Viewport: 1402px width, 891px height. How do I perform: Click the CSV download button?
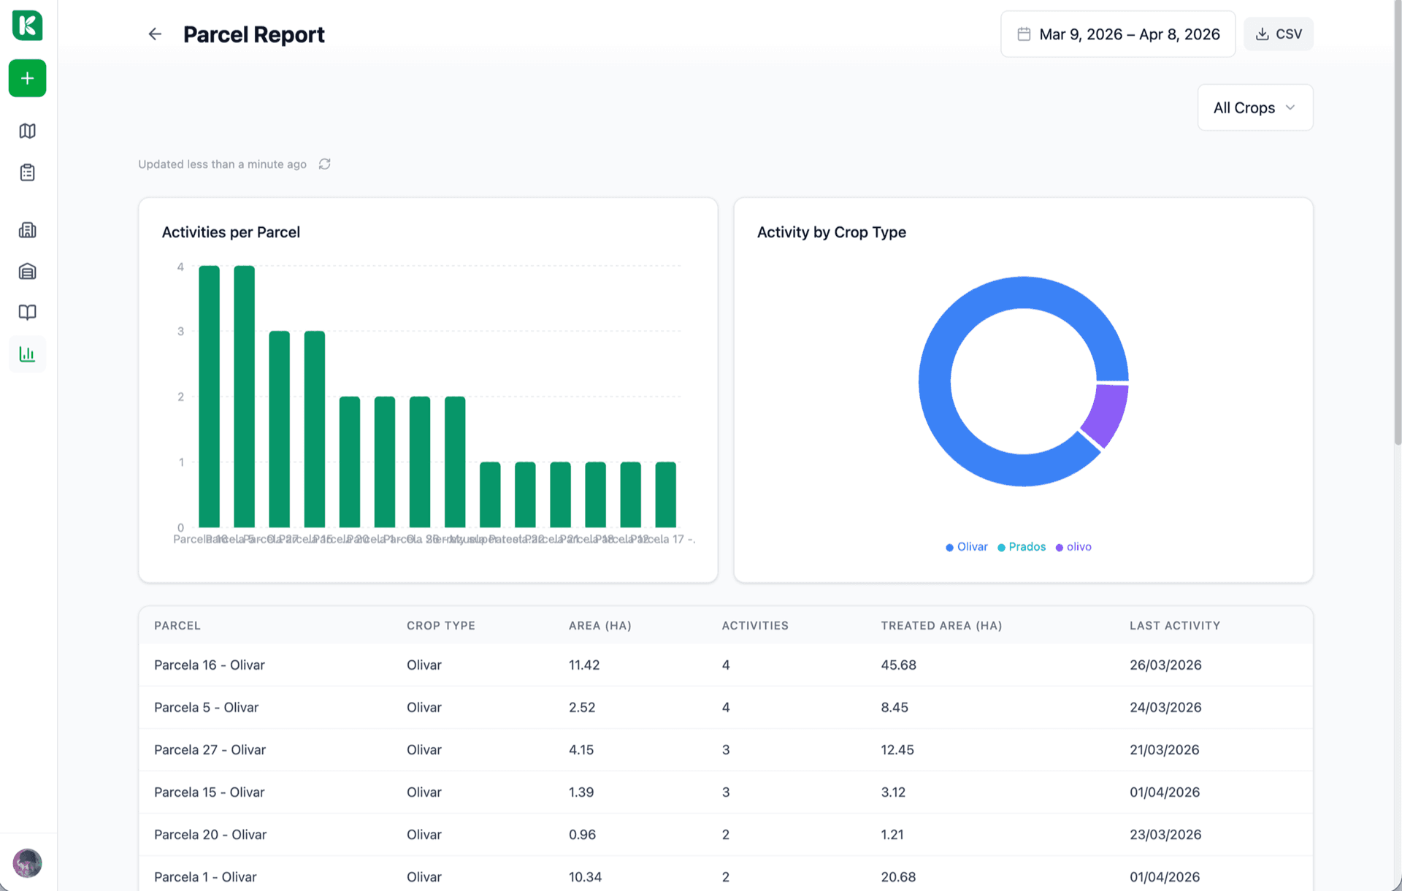[x=1278, y=34]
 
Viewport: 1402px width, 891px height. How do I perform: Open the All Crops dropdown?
[x=1254, y=108]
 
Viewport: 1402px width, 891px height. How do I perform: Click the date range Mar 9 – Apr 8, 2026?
[x=1118, y=34]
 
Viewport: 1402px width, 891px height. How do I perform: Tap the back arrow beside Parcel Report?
[x=155, y=34]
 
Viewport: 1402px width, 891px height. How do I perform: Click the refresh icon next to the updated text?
[x=325, y=164]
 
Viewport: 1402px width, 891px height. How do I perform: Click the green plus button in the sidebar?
[x=28, y=78]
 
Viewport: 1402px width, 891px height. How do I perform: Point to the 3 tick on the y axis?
[x=180, y=332]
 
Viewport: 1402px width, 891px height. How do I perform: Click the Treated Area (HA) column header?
[x=941, y=626]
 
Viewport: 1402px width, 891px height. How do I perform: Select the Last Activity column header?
[x=1174, y=626]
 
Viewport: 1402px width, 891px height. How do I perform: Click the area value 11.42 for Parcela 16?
[x=584, y=665]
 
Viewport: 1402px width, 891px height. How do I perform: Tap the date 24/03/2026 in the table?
[x=1165, y=708]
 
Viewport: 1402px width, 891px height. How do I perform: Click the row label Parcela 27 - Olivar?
[x=210, y=750]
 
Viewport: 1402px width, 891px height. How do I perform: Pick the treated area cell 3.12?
[x=893, y=792]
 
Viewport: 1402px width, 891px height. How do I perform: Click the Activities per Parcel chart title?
[x=231, y=232]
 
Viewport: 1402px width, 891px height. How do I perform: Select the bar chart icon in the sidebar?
[x=28, y=354]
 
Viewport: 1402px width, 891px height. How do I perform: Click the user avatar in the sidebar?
[x=28, y=863]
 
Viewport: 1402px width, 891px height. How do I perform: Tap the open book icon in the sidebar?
[x=28, y=313]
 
